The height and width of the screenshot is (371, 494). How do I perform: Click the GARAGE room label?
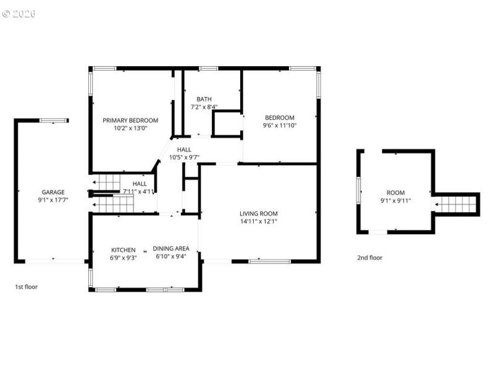coord(53,192)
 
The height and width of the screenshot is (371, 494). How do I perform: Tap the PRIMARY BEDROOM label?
coord(130,121)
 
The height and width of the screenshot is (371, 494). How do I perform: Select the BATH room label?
coord(204,99)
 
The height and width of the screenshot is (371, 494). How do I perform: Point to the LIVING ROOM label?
coord(259,214)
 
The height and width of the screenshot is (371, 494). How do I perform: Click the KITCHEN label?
coord(124,250)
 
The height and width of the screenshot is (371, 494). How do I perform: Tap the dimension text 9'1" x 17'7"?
coord(53,200)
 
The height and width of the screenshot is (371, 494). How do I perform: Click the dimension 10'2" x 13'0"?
coord(130,129)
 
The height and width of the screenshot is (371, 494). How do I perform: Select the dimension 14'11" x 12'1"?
coord(259,222)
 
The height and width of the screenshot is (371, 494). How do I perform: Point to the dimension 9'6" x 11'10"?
coord(280,126)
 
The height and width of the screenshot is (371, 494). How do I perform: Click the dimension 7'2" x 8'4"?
coord(204,107)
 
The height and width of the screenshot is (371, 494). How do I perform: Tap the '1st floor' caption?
coord(27,287)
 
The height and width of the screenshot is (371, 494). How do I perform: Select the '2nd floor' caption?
coord(370,257)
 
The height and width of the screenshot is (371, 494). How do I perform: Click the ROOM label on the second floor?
coord(396,193)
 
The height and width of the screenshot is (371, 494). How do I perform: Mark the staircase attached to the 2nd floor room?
coord(456,203)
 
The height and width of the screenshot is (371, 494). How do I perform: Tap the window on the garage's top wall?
coord(54,121)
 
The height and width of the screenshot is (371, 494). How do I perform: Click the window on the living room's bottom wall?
coord(269,262)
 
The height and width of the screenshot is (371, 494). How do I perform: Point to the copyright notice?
coord(19,13)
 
